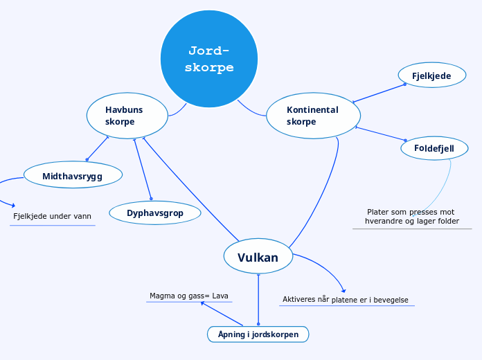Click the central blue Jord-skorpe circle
coord(209,59)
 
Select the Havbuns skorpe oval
coord(127,116)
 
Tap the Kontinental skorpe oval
coord(313,116)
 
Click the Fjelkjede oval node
coord(432,75)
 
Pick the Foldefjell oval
coord(434,148)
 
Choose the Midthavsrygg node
coord(73,174)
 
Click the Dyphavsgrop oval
coord(155,213)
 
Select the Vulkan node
coord(258,256)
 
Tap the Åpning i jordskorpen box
coord(258,334)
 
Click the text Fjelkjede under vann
coord(52,216)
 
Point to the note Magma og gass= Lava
coord(189,296)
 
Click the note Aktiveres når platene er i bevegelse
coord(346,300)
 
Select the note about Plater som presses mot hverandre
coord(412,217)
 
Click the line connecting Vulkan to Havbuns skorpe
coord(190,189)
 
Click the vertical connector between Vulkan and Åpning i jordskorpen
coord(258,299)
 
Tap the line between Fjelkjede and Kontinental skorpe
coord(379,93)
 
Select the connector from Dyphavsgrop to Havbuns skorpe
coord(143,169)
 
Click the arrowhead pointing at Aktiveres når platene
coord(343,291)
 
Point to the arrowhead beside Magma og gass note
coord(203,303)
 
